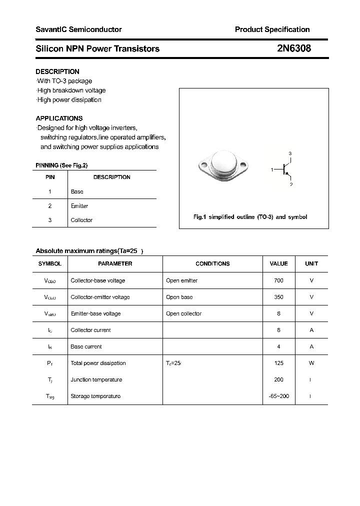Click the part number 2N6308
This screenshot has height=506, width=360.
point(293,48)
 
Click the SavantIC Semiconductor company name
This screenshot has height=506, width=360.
point(78,29)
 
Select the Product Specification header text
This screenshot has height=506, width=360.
point(272,29)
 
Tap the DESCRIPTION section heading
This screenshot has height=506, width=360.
point(57,71)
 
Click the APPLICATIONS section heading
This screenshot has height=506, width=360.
point(59,118)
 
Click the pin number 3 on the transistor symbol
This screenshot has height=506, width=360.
point(290,153)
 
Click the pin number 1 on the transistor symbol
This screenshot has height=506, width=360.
point(272,170)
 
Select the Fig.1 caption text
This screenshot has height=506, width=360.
point(250,217)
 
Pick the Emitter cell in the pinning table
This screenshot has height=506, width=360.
point(79,206)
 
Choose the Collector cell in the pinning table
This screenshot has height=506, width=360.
point(81,220)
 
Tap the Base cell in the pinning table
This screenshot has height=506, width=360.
point(77,191)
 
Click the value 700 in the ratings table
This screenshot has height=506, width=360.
point(278,280)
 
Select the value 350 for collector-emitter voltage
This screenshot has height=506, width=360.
point(278,297)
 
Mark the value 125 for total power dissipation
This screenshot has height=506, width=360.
point(278,363)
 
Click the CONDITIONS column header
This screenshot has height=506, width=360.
point(212,263)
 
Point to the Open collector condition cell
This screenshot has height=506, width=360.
point(183,313)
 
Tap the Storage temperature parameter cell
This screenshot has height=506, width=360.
point(95,396)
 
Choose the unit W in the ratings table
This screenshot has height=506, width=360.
point(311,363)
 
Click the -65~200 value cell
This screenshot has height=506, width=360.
point(278,396)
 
